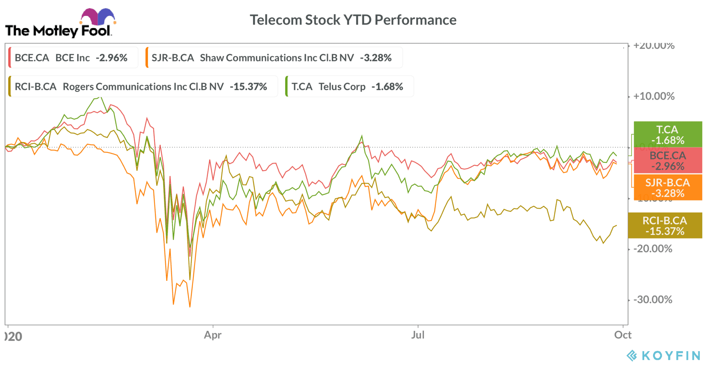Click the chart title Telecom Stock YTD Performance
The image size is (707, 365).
[353, 20]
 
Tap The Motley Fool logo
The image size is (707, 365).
[59, 24]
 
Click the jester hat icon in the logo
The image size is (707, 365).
[98, 16]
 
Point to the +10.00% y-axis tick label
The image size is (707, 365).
[654, 96]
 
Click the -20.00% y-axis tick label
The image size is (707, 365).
[653, 249]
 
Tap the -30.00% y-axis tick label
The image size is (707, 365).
[653, 299]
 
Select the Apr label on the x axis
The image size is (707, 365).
[213, 335]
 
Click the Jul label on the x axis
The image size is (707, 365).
[418, 335]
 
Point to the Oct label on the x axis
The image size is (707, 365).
[623, 335]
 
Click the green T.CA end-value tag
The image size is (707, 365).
[668, 135]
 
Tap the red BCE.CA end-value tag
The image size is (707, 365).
[668, 161]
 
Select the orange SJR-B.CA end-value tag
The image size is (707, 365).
[668, 188]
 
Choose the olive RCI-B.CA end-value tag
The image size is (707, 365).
[665, 226]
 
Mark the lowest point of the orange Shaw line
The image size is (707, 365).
[190, 307]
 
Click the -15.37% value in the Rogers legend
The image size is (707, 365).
[249, 86]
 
